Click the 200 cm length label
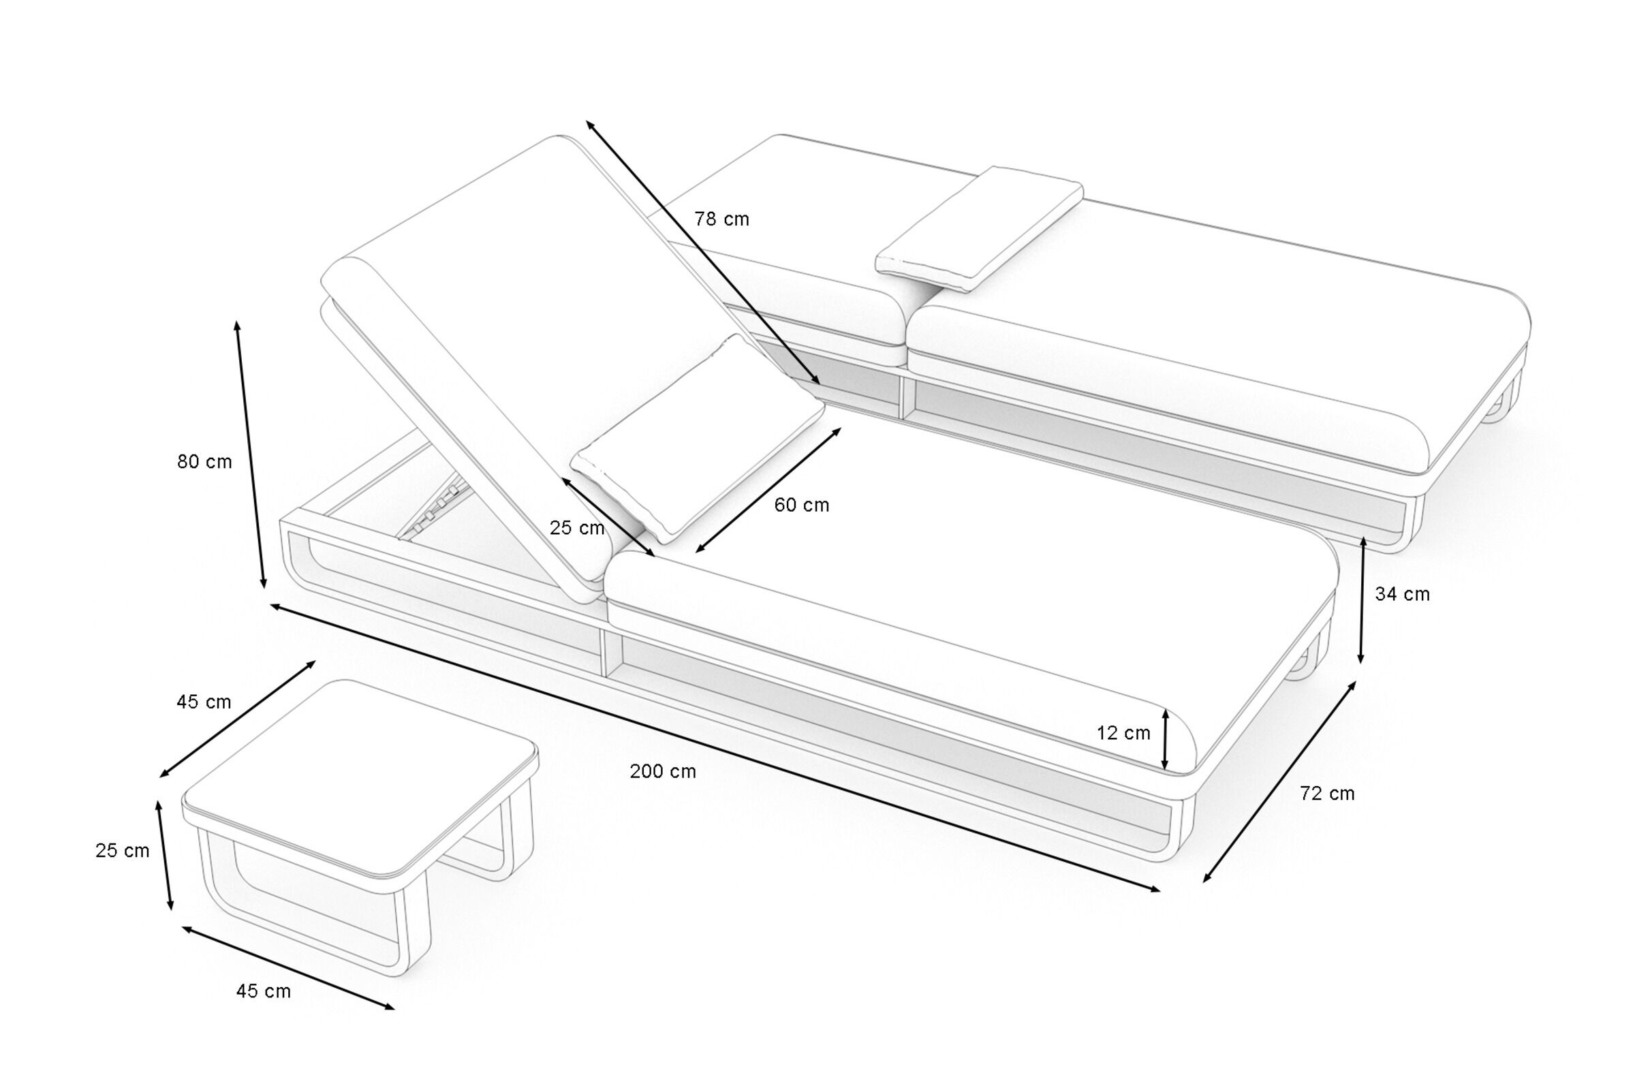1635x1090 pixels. point(662,772)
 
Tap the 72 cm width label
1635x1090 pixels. point(1327,793)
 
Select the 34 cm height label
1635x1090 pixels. point(1402,594)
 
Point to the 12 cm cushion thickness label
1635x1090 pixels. point(1123,733)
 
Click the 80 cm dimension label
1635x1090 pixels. point(204,462)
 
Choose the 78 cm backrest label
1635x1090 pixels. point(721,219)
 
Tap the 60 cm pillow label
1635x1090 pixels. point(802,505)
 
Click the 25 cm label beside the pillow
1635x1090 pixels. point(577,529)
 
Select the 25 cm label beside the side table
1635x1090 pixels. point(123,851)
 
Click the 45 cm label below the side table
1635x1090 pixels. point(264,991)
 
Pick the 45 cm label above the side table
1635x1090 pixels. point(204,702)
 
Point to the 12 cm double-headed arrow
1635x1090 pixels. point(1166,740)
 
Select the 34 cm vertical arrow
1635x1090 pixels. point(1362,599)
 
